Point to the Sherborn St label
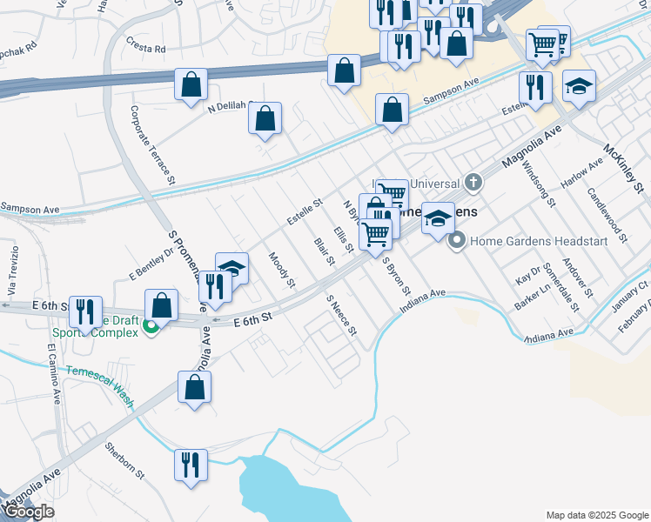[x=124, y=461]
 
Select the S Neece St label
[x=342, y=315]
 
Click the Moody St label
[x=282, y=270]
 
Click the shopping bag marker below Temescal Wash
[x=195, y=388]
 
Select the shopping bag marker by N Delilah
[x=265, y=118]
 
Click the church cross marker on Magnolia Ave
[x=473, y=183]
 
